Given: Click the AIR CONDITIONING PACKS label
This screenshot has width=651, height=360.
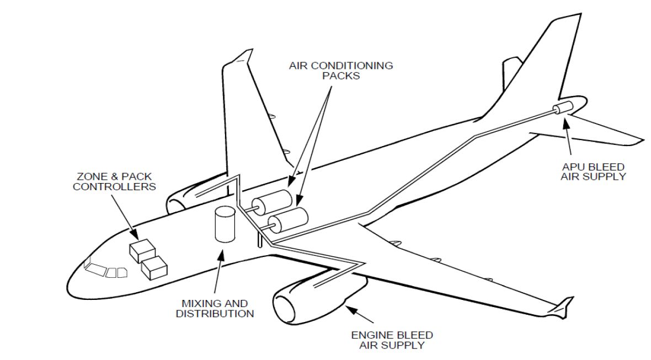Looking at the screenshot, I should click(341, 71).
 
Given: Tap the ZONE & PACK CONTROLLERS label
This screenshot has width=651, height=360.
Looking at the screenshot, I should click(115, 182).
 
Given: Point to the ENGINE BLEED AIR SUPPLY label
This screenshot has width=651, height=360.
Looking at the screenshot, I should click(392, 340).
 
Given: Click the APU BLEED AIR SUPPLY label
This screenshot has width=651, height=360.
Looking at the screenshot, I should click(593, 171).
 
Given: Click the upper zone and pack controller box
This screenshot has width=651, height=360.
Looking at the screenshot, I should click(141, 250).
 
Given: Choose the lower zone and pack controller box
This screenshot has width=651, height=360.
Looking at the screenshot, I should click(154, 267).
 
